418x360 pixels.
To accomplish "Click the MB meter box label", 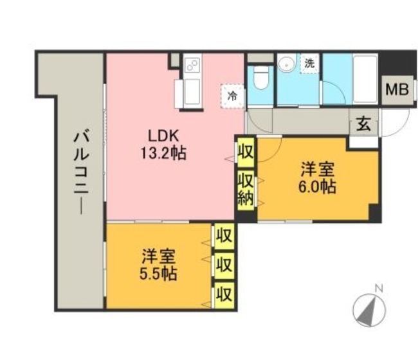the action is point(397,89).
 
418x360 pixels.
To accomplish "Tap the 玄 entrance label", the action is point(364,123).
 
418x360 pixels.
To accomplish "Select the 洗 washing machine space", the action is point(309,64).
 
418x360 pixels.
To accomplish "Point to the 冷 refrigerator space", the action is point(232,96).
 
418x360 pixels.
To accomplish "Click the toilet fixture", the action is point(260,77).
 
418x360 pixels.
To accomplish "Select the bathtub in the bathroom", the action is point(365,79).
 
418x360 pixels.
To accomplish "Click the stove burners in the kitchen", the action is point(192,65).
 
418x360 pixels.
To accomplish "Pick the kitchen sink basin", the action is point(192,92).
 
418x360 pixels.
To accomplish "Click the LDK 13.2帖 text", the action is point(163,145).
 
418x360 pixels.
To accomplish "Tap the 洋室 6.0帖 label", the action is point(317,177).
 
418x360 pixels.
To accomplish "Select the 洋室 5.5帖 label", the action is point(158,264).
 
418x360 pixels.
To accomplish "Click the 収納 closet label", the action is point(246,190).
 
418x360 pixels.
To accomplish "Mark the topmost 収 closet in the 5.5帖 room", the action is point(224,236).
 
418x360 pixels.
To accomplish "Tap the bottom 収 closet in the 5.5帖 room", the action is point(224,294).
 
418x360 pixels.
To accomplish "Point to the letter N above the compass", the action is point(379,289).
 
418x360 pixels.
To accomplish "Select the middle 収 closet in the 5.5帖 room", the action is point(224,265).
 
